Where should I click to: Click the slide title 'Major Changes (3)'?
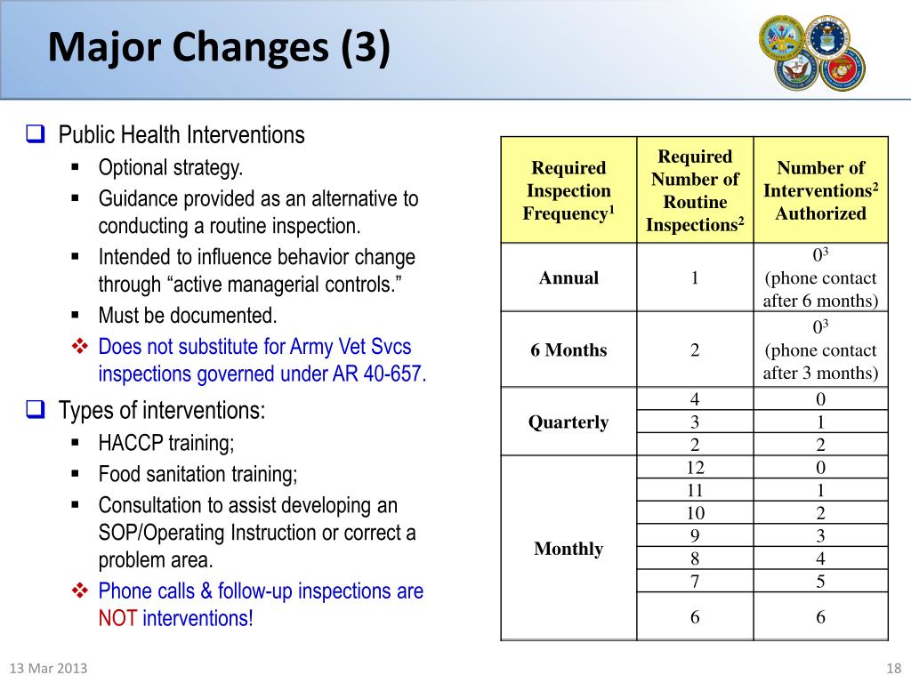pos(218,48)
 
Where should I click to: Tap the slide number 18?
pos(894,669)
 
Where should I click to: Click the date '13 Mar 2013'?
pos(48,669)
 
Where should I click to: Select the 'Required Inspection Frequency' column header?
pos(568,190)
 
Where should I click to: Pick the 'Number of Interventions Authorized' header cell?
pos(820,190)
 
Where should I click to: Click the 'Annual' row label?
pos(568,277)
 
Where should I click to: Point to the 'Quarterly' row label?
pos(568,422)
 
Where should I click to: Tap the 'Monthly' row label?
pos(568,548)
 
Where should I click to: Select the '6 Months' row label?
pos(568,350)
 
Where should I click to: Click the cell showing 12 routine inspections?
pos(695,467)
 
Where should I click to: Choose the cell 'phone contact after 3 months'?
pos(820,361)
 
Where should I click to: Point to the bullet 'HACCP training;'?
pos(166,443)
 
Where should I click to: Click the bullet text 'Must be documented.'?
pos(188,316)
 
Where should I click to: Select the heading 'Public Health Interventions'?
pos(181,135)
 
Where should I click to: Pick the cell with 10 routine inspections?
pos(695,512)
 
